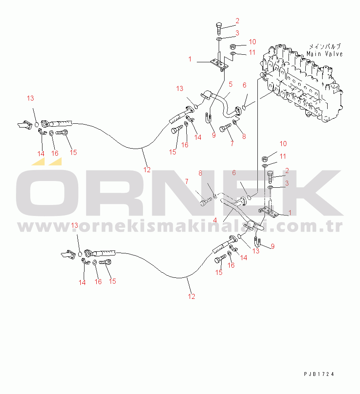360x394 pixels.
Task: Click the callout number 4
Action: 215,221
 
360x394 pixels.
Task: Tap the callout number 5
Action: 230,84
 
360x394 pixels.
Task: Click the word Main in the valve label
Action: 314,54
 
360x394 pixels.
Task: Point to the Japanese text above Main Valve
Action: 325,46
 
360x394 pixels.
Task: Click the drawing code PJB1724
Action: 319,374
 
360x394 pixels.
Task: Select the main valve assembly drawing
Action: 301,83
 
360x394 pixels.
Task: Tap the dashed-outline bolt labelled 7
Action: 206,202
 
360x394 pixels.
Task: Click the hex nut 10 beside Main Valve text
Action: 233,46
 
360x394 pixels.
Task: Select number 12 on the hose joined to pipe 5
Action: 147,170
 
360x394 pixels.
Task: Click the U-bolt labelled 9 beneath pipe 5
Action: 208,118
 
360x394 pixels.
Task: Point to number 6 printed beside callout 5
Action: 244,85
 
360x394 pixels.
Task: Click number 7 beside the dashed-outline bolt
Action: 187,181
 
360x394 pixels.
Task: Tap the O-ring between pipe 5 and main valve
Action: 244,108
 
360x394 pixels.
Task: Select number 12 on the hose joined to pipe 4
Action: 191,296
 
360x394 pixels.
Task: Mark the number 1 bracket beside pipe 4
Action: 269,212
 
